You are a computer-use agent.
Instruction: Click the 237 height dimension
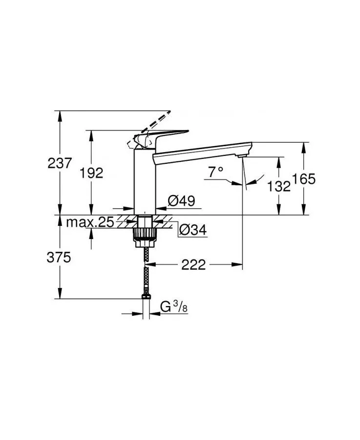click(x=60, y=163)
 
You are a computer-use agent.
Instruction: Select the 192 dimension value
click(x=92, y=173)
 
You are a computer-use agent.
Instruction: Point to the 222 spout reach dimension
click(x=194, y=265)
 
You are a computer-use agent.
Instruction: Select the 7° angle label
click(x=215, y=172)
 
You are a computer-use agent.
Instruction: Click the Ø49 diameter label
click(x=181, y=200)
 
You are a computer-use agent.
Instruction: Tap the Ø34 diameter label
click(x=191, y=230)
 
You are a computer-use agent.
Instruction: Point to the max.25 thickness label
click(x=90, y=222)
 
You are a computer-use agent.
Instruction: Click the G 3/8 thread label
click(x=173, y=307)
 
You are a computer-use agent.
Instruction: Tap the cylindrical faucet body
click(x=144, y=181)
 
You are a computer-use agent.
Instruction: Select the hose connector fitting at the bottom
click(x=145, y=296)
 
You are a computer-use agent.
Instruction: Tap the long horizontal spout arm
click(x=200, y=150)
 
